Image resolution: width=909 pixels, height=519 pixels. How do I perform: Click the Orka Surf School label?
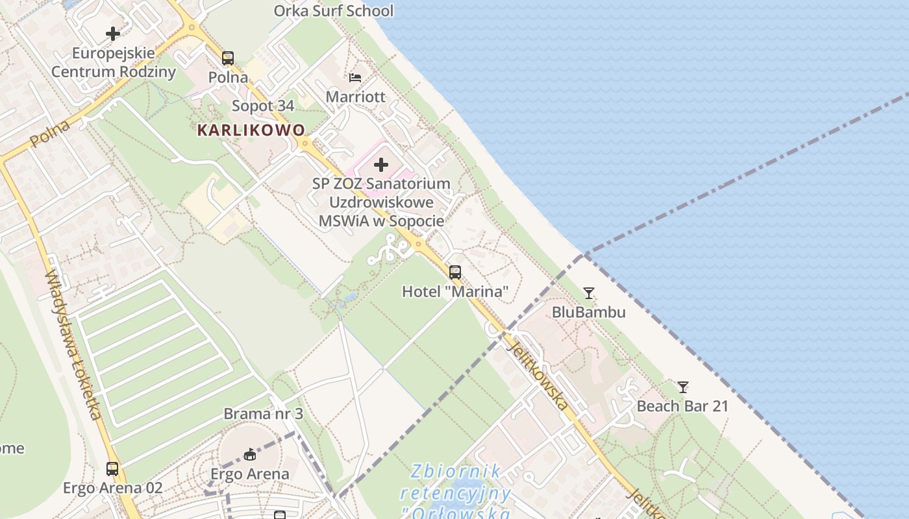point(333,11)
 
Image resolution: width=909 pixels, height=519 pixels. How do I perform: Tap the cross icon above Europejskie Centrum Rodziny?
point(113,34)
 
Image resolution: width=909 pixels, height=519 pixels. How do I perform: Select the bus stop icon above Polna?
point(227,58)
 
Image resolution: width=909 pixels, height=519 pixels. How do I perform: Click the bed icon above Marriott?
point(355,78)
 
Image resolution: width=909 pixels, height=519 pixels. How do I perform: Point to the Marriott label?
point(355,97)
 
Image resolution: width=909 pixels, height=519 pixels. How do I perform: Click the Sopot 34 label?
point(263,106)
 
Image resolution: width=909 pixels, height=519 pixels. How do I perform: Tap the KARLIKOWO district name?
point(251,130)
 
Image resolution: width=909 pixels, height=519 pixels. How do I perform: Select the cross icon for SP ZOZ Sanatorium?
point(381,165)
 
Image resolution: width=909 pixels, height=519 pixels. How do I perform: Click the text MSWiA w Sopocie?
point(381,221)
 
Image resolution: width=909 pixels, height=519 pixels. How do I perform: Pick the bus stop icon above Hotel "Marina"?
point(455,272)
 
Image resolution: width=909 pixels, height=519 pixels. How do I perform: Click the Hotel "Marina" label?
point(455,291)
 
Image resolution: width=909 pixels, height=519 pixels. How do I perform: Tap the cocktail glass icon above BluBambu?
point(588,293)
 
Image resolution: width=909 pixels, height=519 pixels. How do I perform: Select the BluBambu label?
point(588,312)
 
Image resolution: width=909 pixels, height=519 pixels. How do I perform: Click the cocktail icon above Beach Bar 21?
point(683,387)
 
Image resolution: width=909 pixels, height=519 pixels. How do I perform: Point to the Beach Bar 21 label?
point(682,406)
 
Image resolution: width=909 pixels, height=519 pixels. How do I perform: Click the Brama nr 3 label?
point(263,413)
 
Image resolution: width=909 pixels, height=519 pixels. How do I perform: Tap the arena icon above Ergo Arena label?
point(250,454)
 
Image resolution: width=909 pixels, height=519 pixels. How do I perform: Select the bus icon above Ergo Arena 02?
point(112,469)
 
